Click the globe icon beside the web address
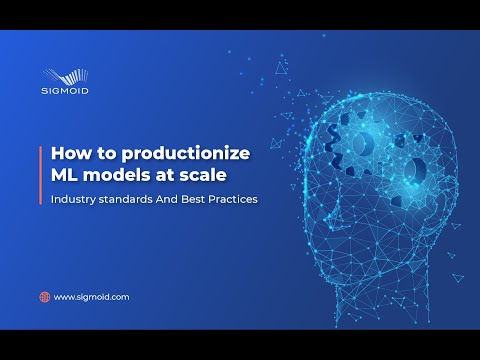tap(44, 297)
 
